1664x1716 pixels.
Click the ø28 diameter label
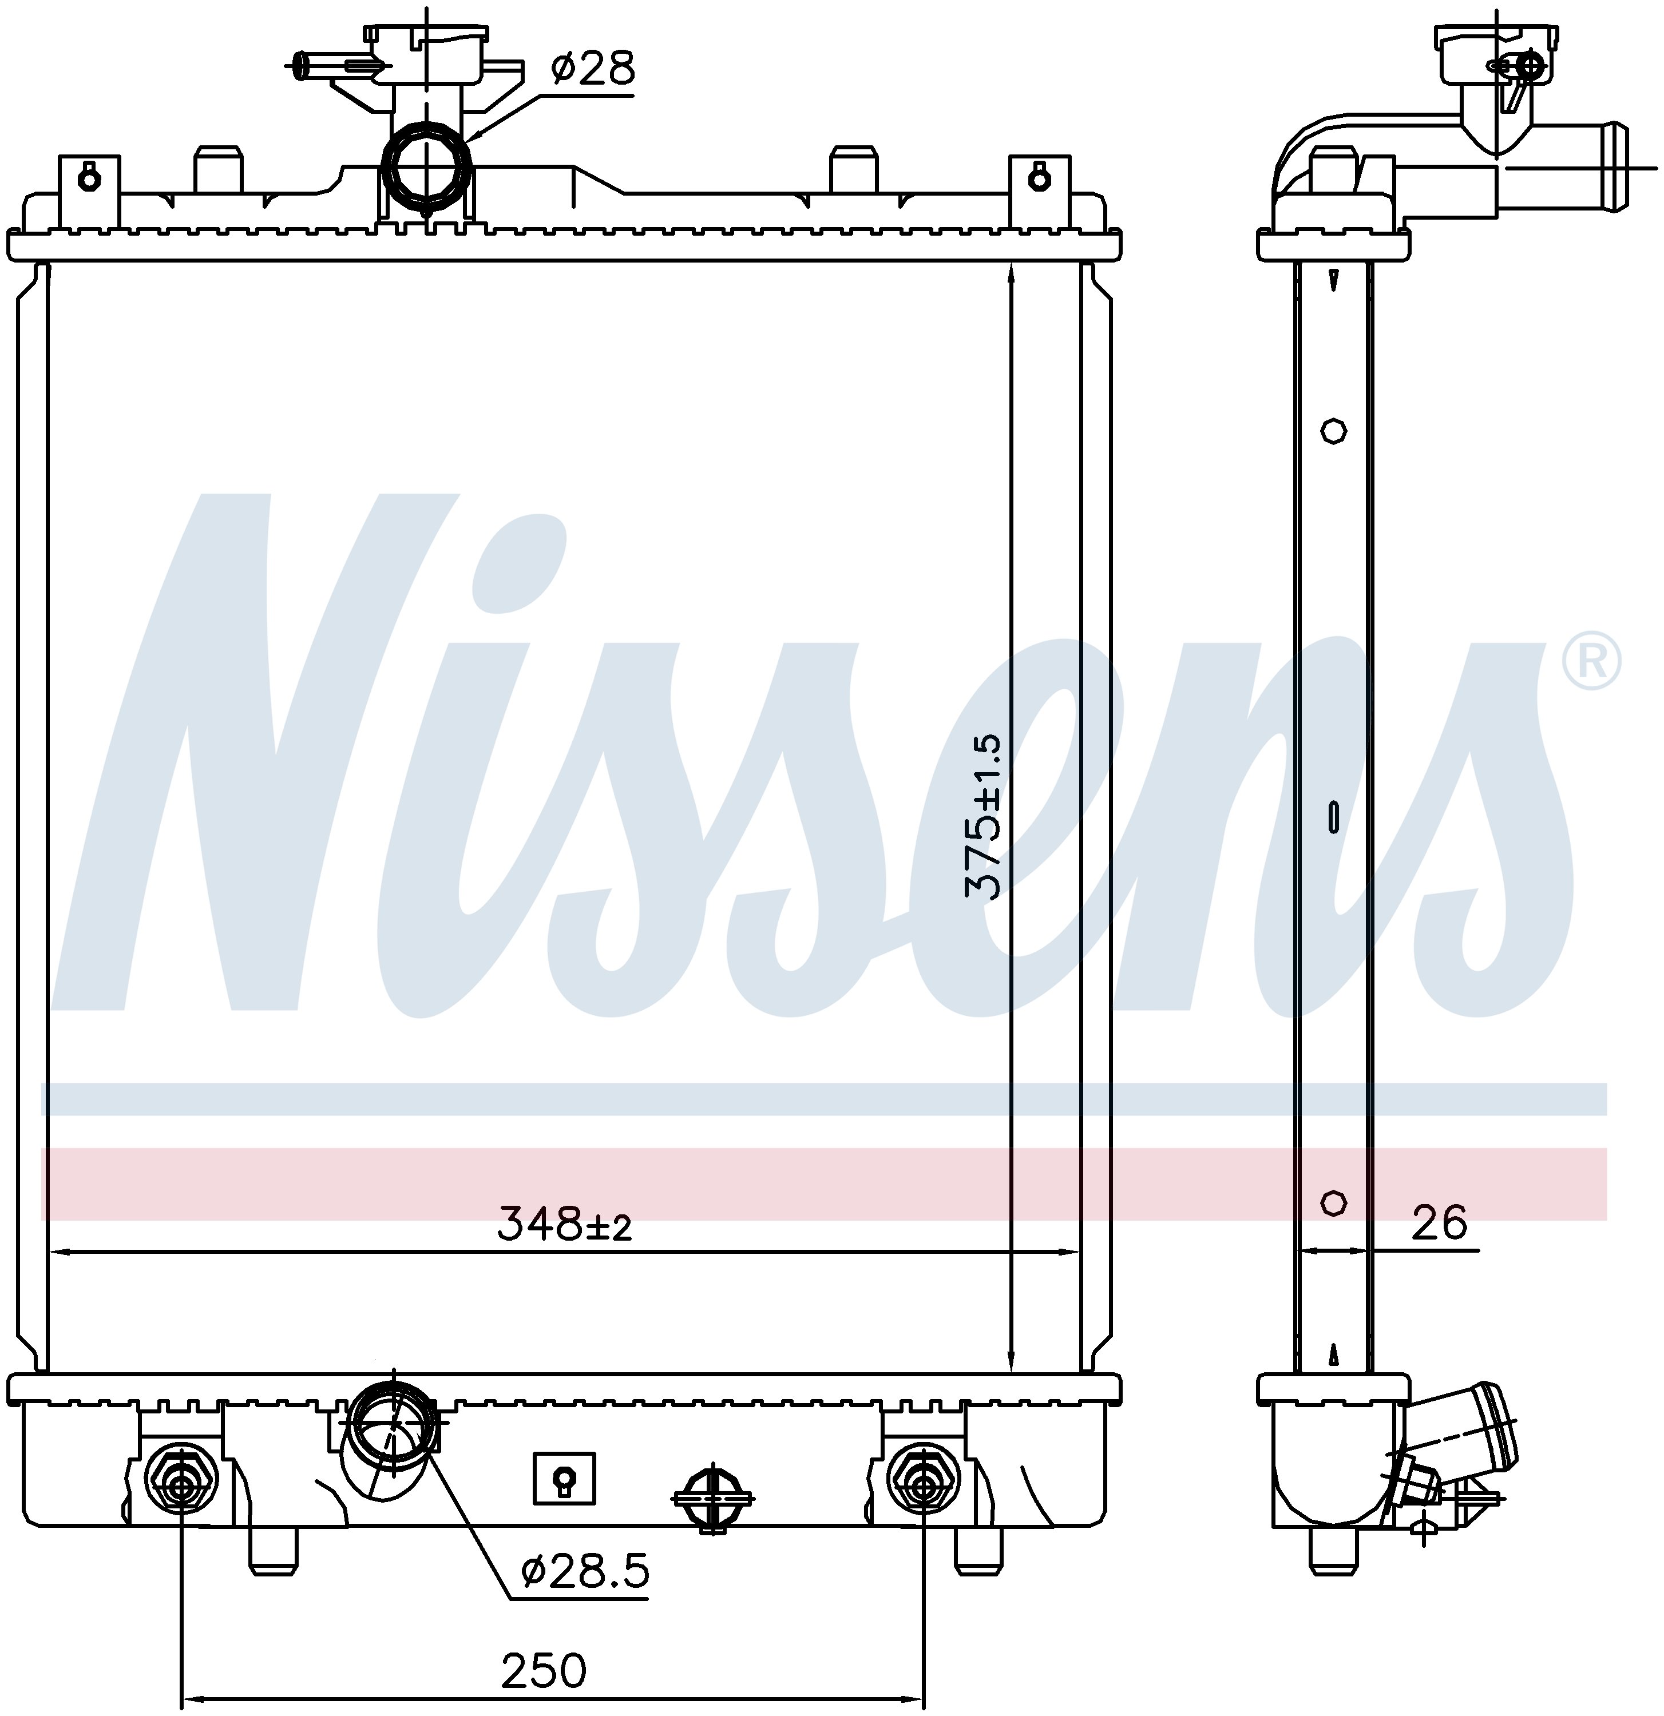tap(592, 68)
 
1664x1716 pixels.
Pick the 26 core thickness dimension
tap(1439, 1222)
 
